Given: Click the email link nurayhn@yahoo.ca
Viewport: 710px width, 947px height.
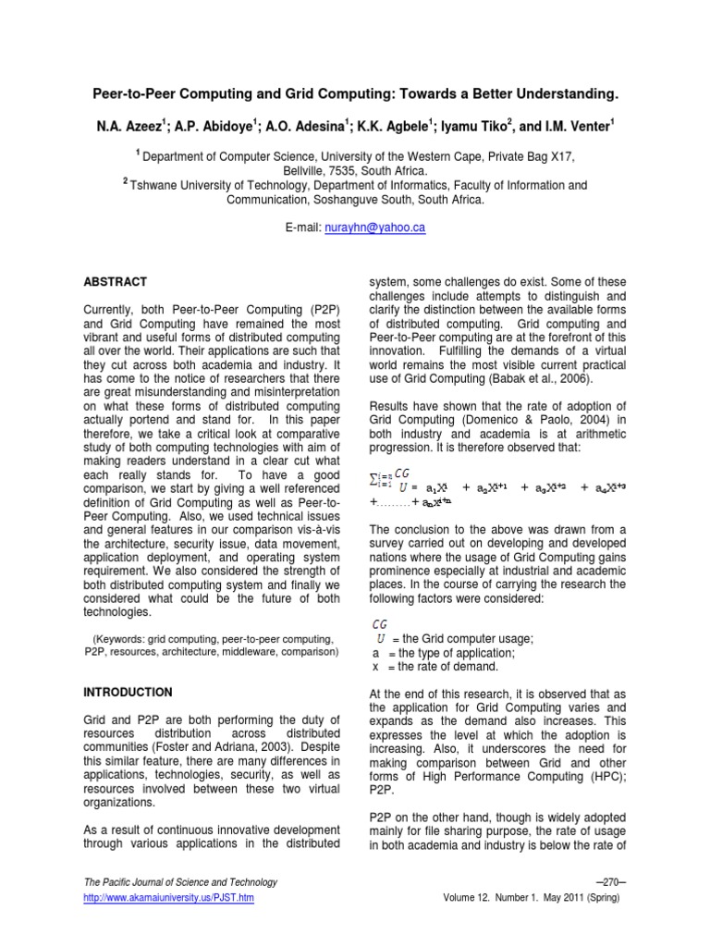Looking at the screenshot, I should (381, 227).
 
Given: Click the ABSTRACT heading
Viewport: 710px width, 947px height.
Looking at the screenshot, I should (116, 281).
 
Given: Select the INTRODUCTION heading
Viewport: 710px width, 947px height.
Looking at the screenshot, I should (129, 691).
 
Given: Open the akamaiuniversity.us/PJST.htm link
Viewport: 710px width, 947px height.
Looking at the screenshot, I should (169, 897).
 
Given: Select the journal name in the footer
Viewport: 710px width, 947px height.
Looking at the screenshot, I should (180, 882).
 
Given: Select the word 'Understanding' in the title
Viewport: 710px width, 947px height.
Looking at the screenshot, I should (557, 95).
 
